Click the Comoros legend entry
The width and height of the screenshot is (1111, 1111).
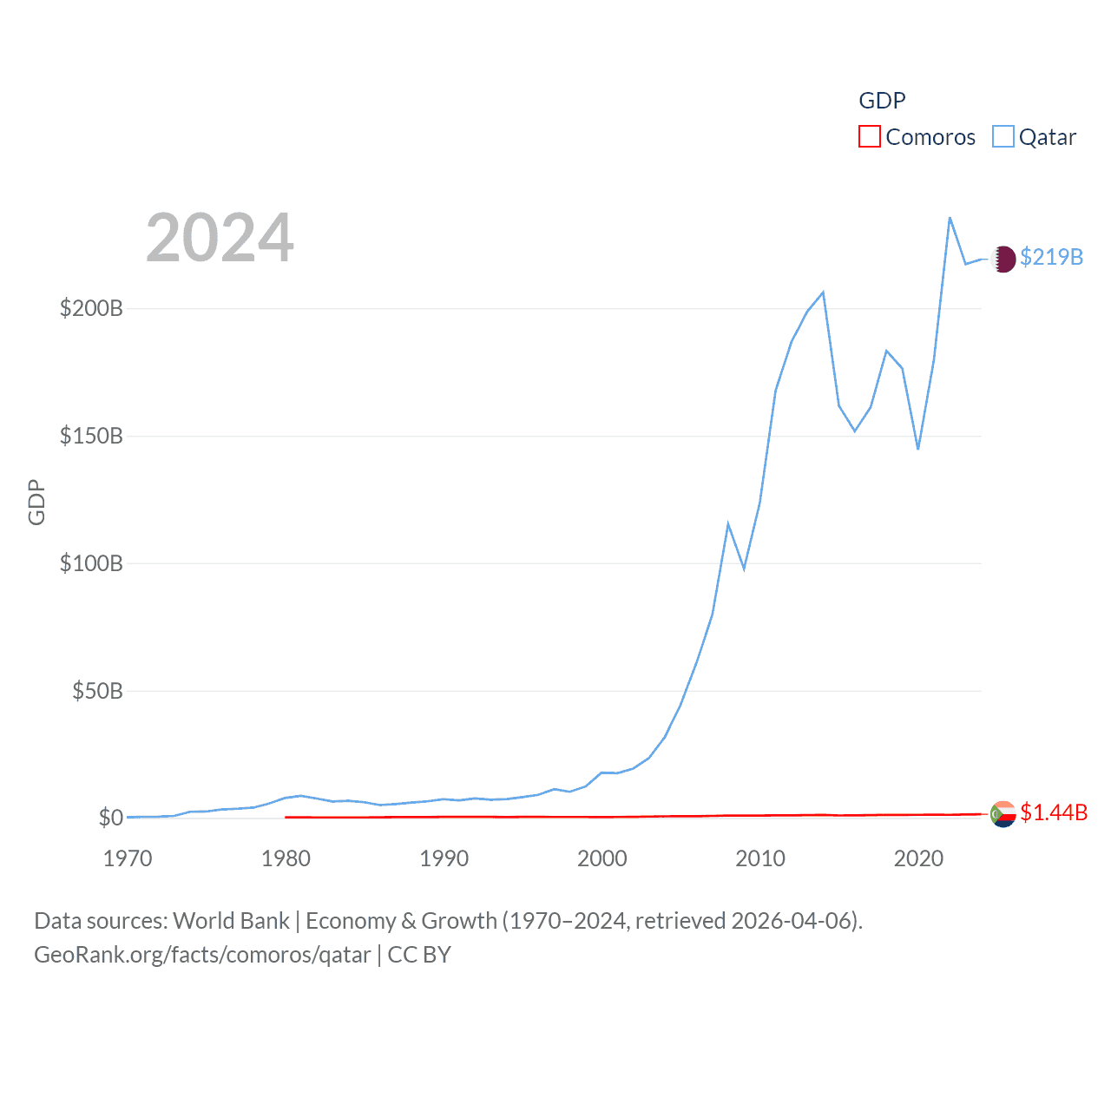click(917, 137)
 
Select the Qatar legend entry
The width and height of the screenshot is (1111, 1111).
click(1035, 137)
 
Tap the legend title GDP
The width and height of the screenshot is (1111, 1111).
click(882, 101)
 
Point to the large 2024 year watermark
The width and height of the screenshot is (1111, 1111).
click(220, 238)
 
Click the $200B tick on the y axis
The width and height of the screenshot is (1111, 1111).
click(91, 308)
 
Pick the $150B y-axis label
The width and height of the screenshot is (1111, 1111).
click(91, 436)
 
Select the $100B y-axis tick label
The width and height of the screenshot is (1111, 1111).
click(91, 563)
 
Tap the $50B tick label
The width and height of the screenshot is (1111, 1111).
click(97, 691)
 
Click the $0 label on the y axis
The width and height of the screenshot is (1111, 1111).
click(110, 818)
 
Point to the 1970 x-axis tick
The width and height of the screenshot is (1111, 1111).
click(128, 858)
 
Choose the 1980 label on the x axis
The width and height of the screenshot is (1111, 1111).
click(286, 858)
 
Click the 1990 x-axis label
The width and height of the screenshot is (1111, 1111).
click(444, 858)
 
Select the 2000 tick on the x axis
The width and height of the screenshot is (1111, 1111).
click(602, 858)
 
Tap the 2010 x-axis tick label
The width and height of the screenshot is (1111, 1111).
click(760, 858)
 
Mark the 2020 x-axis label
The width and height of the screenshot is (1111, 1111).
click(918, 858)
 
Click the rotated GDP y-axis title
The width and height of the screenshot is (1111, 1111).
click(36, 502)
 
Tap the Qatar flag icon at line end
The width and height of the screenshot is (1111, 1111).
click(1003, 259)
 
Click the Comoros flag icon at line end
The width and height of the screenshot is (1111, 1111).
click(1003, 814)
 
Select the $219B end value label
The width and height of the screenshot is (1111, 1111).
click(1051, 257)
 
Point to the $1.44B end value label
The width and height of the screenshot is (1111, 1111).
click(1054, 812)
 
